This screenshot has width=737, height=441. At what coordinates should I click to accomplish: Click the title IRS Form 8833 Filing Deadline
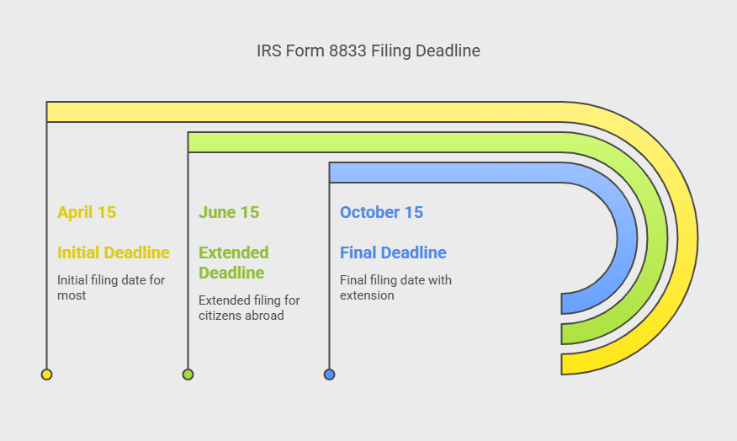pyautogui.click(x=368, y=50)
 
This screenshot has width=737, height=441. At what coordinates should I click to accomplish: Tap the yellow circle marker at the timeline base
pyautogui.click(x=46, y=375)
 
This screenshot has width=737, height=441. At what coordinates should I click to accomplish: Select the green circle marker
pyautogui.click(x=188, y=375)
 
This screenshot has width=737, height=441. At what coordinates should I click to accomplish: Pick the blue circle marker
pyautogui.click(x=330, y=375)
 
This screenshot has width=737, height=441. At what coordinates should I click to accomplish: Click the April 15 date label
pyautogui.click(x=87, y=213)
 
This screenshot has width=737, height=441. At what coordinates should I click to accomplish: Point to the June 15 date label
pyautogui.click(x=229, y=213)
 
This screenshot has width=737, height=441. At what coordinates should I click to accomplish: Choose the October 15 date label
pyautogui.click(x=381, y=213)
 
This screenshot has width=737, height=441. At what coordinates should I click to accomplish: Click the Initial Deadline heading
pyautogui.click(x=114, y=252)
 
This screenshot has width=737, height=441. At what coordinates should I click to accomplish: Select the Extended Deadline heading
pyautogui.click(x=234, y=263)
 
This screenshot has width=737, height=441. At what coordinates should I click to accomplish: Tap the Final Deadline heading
pyautogui.click(x=393, y=252)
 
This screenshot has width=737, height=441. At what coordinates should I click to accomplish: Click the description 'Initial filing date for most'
pyautogui.click(x=111, y=287)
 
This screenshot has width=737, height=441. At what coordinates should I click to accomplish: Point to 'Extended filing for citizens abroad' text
pyautogui.click(x=249, y=307)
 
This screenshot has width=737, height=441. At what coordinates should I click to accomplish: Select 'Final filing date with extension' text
pyautogui.click(x=395, y=287)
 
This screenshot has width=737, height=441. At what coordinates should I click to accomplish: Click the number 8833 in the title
pyautogui.click(x=347, y=50)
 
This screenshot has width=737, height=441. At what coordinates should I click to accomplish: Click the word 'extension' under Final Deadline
pyautogui.click(x=367, y=295)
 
